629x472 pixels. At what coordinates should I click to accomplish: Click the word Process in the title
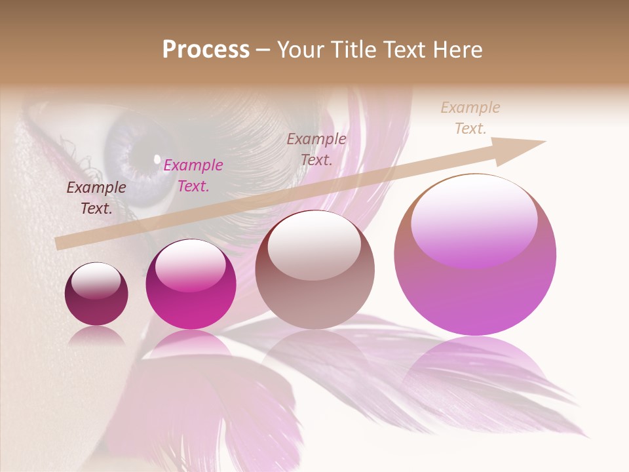pyautogui.click(x=206, y=50)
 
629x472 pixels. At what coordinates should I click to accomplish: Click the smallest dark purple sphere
pyautogui.click(x=96, y=294)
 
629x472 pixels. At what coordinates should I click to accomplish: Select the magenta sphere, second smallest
pyautogui.click(x=191, y=285)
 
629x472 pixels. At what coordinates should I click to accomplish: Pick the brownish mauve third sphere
pyautogui.click(x=314, y=269)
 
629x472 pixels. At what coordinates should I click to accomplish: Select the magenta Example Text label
pyautogui.click(x=193, y=176)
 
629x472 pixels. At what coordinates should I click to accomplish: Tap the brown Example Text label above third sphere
pyautogui.click(x=316, y=149)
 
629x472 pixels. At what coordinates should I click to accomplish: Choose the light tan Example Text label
pyautogui.click(x=470, y=118)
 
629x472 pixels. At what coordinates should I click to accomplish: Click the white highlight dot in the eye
pyautogui.click(x=157, y=159)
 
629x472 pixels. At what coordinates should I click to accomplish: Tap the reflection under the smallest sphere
pyautogui.click(x=96, y=336)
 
